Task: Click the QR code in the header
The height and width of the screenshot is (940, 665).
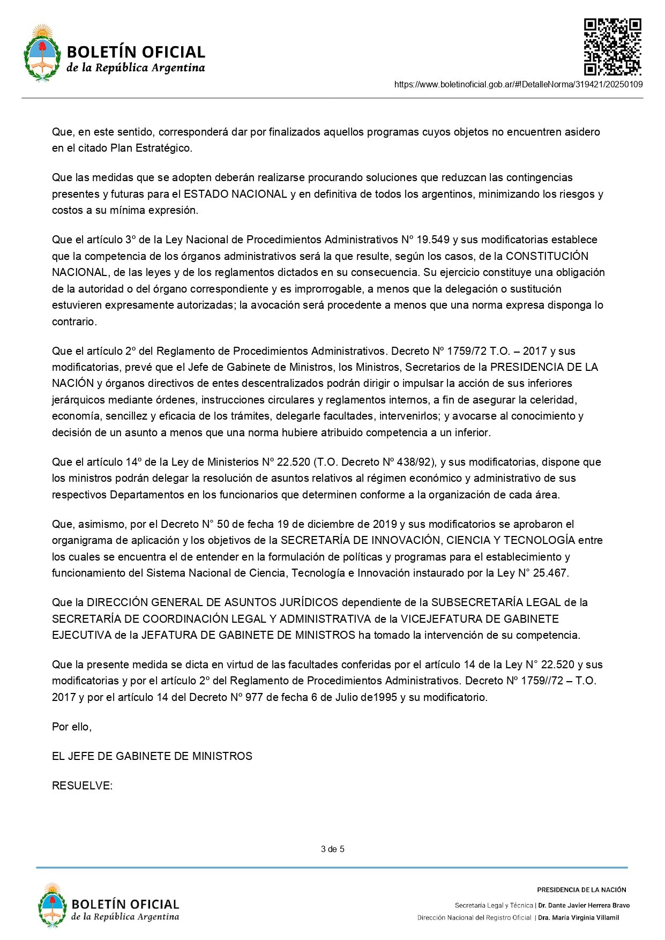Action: tap(612, 47)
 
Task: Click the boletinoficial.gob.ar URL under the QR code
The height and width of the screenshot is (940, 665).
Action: tap(518, 84)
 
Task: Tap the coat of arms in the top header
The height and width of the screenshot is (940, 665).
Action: tap(42, 53)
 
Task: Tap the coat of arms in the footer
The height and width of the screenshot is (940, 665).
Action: tap(52, 905)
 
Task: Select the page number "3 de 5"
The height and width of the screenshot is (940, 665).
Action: tap(332, 849)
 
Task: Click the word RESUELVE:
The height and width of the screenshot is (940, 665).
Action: tap(82, 786)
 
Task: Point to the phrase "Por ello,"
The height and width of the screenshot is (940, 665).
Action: tap(72, 727)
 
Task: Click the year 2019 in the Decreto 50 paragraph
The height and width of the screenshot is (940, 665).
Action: tap(385, 524)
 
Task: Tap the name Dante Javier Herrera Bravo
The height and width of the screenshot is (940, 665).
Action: tap(584, 905)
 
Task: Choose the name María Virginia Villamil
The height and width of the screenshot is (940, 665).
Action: tap(578, 917)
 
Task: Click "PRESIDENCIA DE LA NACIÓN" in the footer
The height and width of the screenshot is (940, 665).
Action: tap(581, 890)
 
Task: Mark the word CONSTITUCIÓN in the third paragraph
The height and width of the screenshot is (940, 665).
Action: tap(547, 256)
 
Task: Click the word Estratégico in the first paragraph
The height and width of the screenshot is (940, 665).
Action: tap(164, 148)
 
